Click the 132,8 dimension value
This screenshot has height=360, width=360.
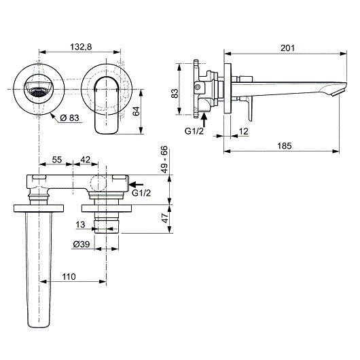tap(81, 47)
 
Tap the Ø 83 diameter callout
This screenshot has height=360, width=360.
tap(69, 118)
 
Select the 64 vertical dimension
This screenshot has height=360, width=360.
tap(136, 111)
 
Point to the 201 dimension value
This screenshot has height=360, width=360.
tap(287, 48)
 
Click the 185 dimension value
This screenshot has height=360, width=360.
tap(285, 146)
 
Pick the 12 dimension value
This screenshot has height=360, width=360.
tap(244, 131)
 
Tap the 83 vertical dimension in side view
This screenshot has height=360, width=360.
tap(175, 94)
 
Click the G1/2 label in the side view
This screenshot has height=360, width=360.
tap(194, 131)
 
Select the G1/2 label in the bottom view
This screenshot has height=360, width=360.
tap(141, 193)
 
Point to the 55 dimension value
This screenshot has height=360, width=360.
tap(57, 160)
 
